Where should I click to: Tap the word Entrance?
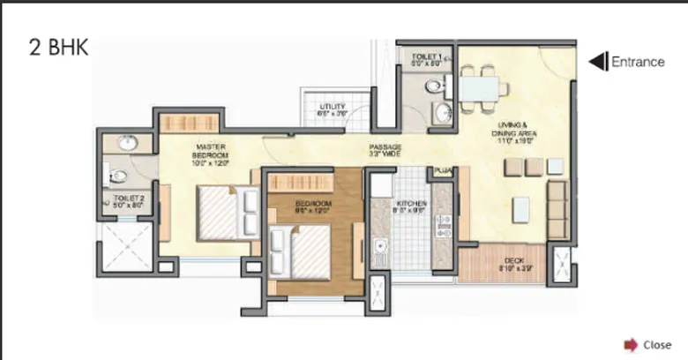(638, 62)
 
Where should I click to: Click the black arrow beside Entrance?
(597, 62)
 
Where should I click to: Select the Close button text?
(657, 345)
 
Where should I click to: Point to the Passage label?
(385, 150)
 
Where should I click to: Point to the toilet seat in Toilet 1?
(434, 86)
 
